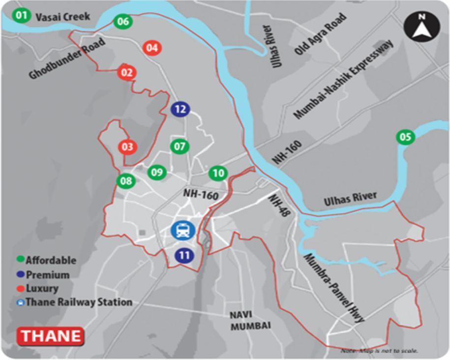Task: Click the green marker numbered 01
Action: tap(21, 16)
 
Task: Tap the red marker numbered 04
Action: tap(152, 48)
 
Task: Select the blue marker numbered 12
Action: tap(180, 109)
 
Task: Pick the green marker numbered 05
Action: tap(405, 137)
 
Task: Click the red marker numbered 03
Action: tap(127, 147)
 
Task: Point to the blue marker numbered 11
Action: tap(184, 255)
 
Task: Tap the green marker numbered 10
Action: tap(218, 173)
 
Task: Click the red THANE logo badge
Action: tap(51, 336)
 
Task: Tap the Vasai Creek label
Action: tap(63, 17)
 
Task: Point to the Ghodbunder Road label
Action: tap(67, 59)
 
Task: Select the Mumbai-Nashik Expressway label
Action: tap(344, 79)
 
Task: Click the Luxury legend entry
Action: tap(42, 288)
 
